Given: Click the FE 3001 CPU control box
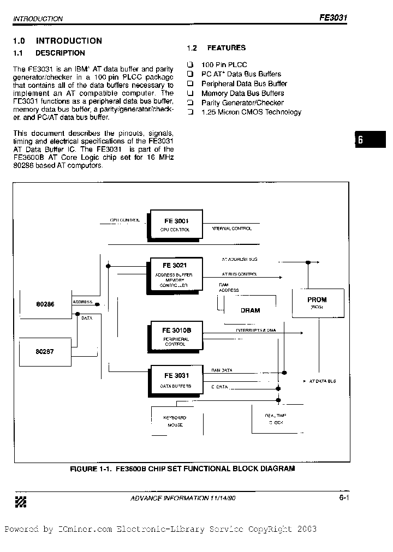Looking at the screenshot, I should (x=175, y=224).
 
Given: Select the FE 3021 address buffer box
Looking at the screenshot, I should (x=174, y=274).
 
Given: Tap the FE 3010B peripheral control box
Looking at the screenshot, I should (x=175, y=336).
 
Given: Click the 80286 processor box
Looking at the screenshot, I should (x=45, y=304).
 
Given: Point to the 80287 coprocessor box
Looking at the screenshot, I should (x=45, y=352).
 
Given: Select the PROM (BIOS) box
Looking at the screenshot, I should (x=317, y=303).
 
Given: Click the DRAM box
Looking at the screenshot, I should (x=250, y=310).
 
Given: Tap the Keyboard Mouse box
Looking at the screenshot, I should (x=175, y=421).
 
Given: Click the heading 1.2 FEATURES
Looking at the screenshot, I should (x=216, y=48).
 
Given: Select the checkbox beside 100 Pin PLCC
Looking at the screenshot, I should (x=190, y=64).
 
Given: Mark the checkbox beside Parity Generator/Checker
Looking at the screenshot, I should (x=190, y=103).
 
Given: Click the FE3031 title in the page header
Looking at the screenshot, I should (x=333, y=17).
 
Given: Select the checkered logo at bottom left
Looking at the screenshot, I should (x=20, y=501).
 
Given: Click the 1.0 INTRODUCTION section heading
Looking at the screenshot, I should (x=57, y=41).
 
